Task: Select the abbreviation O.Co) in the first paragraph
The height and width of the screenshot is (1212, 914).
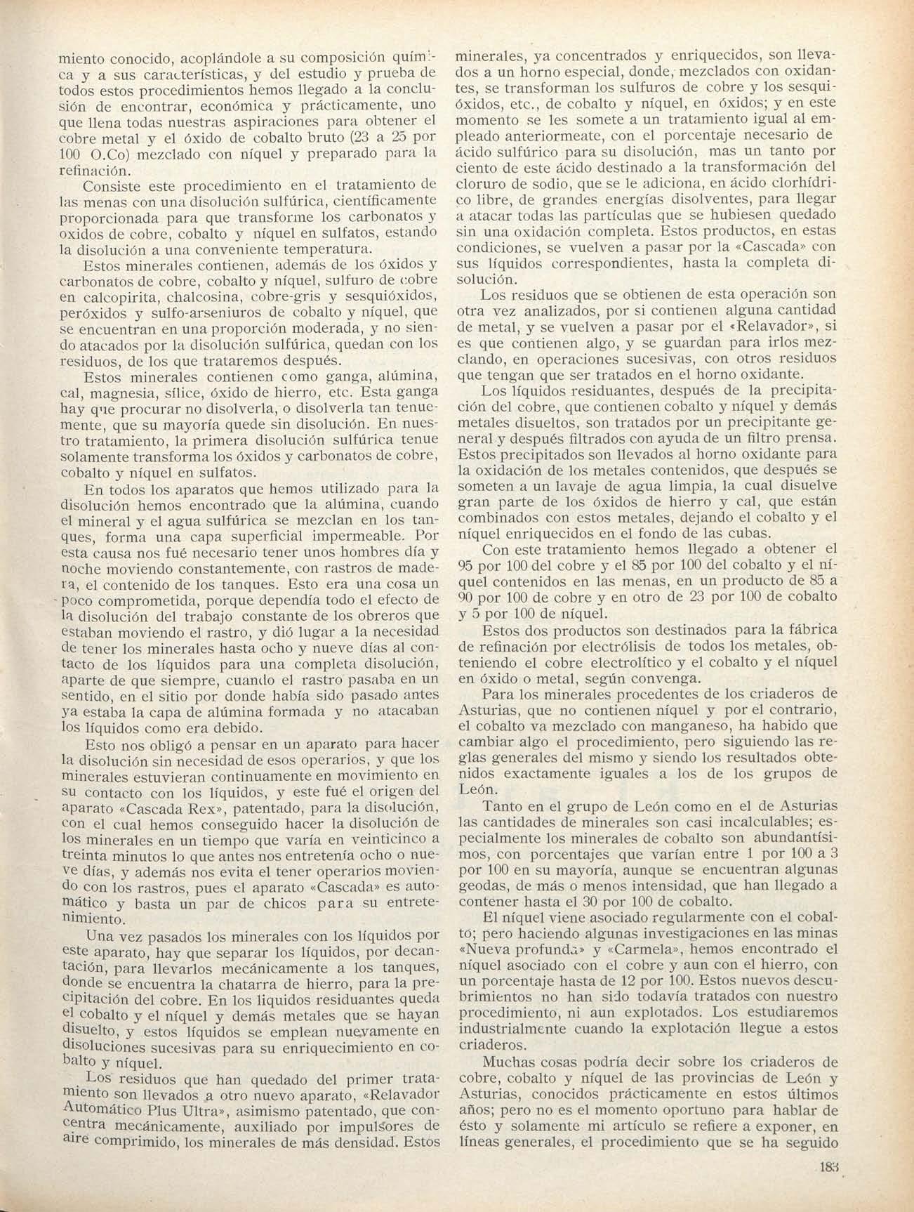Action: pyautogui.click(x=112, y=155)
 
